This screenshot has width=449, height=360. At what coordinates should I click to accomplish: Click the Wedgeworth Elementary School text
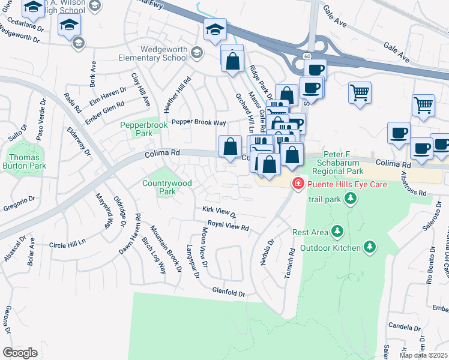164,54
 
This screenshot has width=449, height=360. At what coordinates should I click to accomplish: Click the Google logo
20,353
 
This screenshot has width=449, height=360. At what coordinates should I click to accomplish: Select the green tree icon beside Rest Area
337,232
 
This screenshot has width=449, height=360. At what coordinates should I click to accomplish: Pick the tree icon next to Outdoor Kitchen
370,247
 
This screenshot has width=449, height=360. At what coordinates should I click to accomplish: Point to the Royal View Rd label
228,226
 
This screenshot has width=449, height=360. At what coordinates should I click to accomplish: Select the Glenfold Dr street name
229,292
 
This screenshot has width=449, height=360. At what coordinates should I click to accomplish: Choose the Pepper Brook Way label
199,122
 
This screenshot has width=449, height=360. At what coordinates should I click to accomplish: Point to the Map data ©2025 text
424,355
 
